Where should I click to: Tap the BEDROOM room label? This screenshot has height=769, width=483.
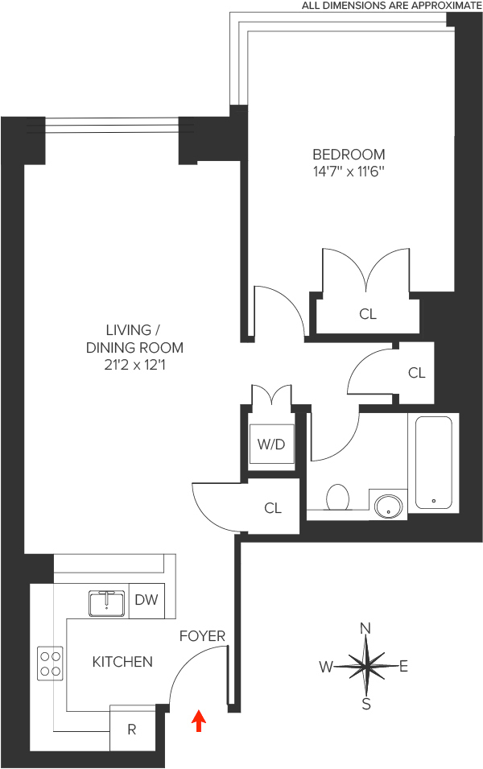point(349,154)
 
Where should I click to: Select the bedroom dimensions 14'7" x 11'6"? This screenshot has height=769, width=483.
point(349,172)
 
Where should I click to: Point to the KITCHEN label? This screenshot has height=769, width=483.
point(122,662)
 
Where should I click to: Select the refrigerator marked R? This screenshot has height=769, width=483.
point(132,730)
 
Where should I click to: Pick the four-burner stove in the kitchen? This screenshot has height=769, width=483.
point(51,663)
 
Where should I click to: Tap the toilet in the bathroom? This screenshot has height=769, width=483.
point(336,498)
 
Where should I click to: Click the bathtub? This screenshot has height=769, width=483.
point(434,461)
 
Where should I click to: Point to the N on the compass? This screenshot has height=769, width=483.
point(365,628)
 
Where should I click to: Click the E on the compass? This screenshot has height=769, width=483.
point(404,666)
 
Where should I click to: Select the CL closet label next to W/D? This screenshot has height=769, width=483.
point(273,508)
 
